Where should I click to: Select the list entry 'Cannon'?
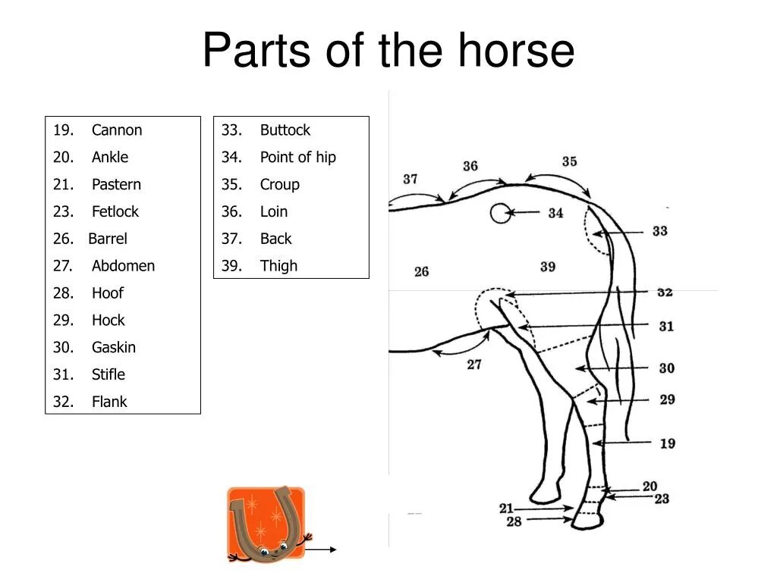117,130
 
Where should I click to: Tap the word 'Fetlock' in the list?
115,211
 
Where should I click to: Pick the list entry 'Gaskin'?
114,347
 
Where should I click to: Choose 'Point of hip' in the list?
297,158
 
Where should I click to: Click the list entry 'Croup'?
279,184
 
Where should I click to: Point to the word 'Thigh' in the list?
278,266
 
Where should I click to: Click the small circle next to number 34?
500,214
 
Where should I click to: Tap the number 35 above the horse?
569,161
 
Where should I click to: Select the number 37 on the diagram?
411,180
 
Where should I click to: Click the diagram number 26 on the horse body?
422,271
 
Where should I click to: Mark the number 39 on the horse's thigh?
548,267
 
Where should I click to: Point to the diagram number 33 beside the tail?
659,231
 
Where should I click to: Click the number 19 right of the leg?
667,443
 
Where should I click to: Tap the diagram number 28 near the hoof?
514,521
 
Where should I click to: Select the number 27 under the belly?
474,365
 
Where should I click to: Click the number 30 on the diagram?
666,368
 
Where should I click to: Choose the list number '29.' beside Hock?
63,320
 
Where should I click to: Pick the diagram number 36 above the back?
470,166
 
